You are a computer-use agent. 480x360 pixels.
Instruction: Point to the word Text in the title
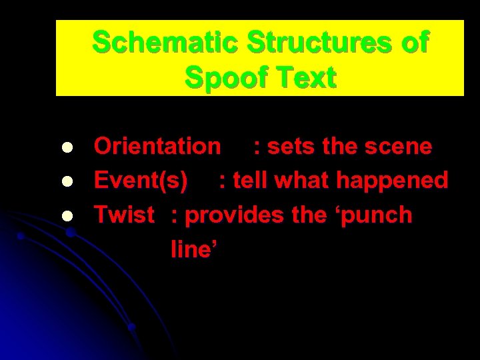306,78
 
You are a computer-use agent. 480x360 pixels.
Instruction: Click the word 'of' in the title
415,43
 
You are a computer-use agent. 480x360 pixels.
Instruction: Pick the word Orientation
157,146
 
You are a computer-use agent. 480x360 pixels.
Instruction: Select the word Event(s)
141,181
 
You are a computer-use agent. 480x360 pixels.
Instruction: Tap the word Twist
125,215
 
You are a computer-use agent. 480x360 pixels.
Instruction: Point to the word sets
291,146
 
